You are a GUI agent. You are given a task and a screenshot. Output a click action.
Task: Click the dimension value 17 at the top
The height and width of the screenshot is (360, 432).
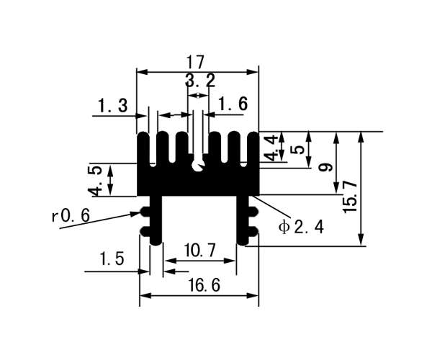click(x=195, y=62)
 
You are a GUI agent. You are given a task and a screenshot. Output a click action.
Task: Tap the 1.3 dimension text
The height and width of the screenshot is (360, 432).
click(x=113, y=106)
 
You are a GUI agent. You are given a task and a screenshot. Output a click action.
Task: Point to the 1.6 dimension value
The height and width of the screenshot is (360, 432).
click(x=233, y=104)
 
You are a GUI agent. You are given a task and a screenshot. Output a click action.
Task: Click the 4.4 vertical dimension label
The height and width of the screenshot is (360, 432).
click(x=270, y=148)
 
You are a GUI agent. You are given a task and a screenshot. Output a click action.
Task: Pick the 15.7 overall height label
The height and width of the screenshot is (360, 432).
click(x=350, y=197)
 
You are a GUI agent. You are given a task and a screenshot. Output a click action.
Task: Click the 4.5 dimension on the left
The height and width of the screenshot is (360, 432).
click(x=94, y=181)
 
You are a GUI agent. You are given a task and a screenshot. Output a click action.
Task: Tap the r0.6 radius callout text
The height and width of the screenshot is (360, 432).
click(x=71, y=215)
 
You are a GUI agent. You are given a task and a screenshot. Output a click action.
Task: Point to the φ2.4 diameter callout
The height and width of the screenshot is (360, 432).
click(x=301, y=228)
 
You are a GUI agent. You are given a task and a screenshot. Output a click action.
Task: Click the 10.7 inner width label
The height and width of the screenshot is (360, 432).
click(x=199, y=251)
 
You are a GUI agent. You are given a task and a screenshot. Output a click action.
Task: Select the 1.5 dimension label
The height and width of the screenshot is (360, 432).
click(x=112, y=259)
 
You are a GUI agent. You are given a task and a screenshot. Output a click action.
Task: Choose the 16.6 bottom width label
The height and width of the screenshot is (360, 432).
click(x=204, y=285)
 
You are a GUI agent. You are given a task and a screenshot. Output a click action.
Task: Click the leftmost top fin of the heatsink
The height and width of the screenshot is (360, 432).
click(x=143, y=149)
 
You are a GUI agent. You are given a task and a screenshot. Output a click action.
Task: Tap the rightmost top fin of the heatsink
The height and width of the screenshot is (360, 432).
click(x=253, y=149)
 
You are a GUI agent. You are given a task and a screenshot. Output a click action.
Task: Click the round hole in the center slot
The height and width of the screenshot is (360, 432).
click(x=198, y=166)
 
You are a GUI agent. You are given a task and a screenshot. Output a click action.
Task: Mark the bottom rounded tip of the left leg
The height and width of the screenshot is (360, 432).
click(x=156, y=242)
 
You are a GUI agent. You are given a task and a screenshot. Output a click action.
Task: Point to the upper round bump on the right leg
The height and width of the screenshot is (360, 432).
click(x=253, y=212)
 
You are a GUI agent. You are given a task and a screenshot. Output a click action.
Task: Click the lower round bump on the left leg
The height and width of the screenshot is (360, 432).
click(x=145, y=230)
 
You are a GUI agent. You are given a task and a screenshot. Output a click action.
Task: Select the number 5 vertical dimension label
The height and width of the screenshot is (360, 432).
click(x=298, y=150)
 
